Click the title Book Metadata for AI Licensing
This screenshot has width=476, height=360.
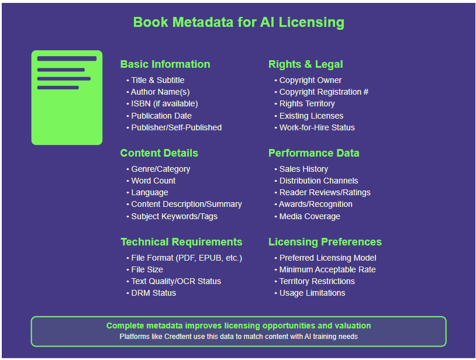tap(239, 23)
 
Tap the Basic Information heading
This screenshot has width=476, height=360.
tap(165, 64)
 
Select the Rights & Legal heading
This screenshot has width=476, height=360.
tap(305, 64)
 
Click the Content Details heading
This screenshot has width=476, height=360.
tap(159, 153)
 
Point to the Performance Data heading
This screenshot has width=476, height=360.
tap(313, 153)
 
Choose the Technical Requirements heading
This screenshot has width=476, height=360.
tap(181, 242)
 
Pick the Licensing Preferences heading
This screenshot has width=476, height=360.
tap(325, 242)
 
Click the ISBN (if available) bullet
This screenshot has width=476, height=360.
tap(164, 103)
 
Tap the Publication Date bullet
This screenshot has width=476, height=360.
tap(161, 116)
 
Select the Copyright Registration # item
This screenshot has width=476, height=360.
tap(323, 92)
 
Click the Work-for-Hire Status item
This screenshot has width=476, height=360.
tap(316, 127)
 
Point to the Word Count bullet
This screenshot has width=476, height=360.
tap(153, 181)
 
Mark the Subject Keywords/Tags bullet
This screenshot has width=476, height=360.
tap(174, 216)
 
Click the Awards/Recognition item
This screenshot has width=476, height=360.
tap(315, 204)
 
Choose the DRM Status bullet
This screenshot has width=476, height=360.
tap(153, 293)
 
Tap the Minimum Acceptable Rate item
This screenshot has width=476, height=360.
tap(327, 269)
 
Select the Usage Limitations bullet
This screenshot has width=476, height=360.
tap(312, 293)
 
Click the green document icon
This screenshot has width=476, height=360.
tap(67, 98)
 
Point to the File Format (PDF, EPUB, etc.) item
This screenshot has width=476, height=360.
tap(186, 258)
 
